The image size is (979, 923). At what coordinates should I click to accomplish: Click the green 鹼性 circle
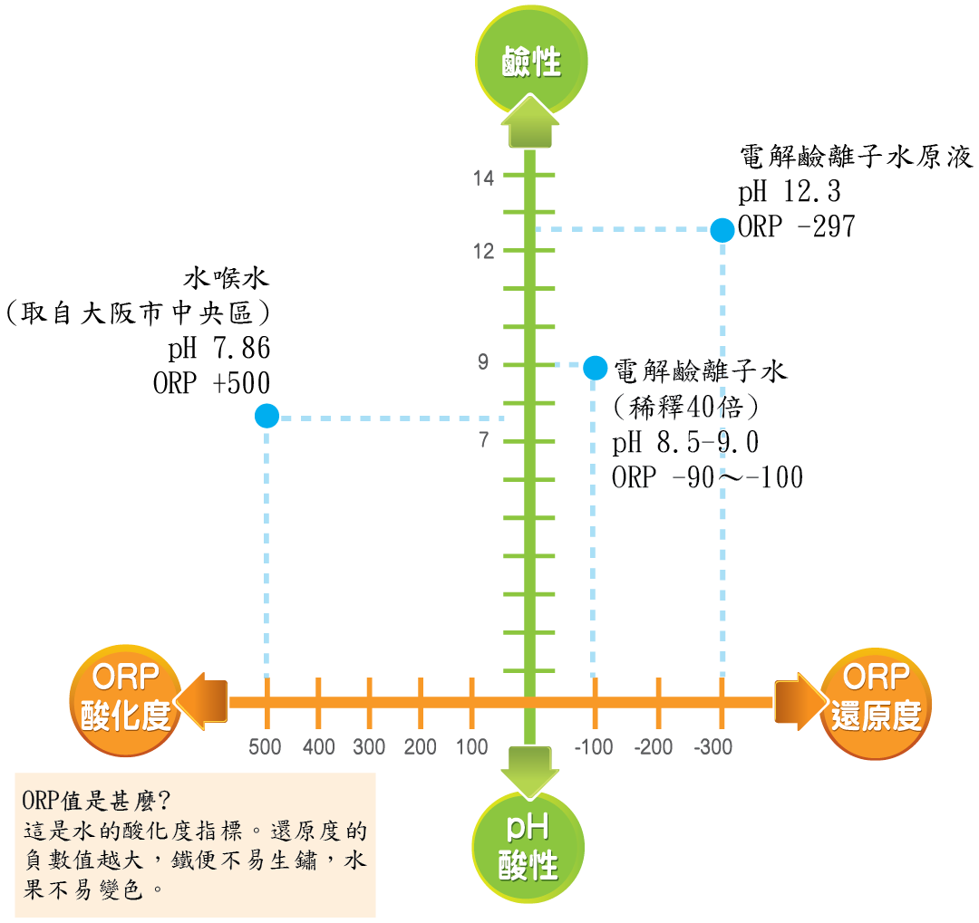531,60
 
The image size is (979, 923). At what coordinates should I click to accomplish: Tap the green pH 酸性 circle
529,846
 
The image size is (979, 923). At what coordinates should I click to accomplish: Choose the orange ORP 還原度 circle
876,697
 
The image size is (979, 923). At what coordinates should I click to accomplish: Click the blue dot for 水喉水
267,416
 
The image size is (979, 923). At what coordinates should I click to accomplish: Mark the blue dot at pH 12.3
722,230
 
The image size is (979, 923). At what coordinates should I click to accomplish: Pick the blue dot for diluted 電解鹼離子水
595,367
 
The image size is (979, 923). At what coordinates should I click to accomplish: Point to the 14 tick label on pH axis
484,178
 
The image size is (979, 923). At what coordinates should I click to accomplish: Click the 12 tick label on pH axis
484,251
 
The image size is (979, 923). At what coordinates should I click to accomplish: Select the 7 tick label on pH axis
484,441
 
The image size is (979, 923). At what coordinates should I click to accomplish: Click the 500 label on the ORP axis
266,747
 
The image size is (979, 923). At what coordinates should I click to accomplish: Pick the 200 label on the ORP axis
421,747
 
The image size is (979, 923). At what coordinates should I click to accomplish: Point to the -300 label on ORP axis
713,747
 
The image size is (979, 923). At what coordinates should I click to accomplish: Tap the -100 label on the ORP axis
594,747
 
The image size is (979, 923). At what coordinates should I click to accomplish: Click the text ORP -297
797,227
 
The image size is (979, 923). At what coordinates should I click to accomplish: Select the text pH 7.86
219,349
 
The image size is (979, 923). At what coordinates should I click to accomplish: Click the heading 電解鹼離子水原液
857,158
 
